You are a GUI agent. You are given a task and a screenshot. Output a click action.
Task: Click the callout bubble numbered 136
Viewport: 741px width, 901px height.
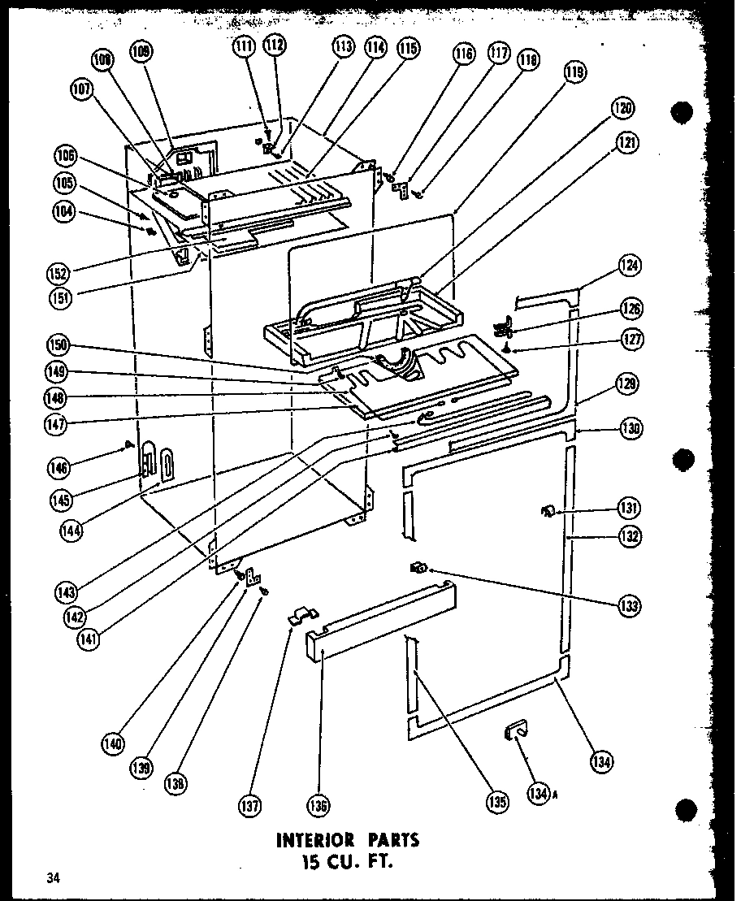(318, 806)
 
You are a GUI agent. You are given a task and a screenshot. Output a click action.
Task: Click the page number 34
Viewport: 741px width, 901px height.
(54, 877)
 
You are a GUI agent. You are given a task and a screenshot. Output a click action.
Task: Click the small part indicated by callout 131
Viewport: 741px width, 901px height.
(547, 510)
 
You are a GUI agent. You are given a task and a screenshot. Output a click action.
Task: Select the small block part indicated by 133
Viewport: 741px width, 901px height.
(420, 566)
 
